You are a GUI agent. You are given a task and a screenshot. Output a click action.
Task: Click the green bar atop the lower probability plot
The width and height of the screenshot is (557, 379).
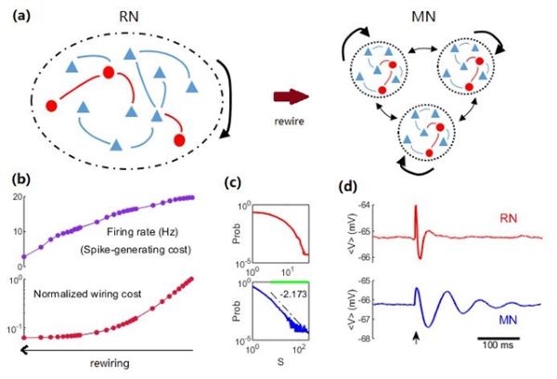coord(279,282)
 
